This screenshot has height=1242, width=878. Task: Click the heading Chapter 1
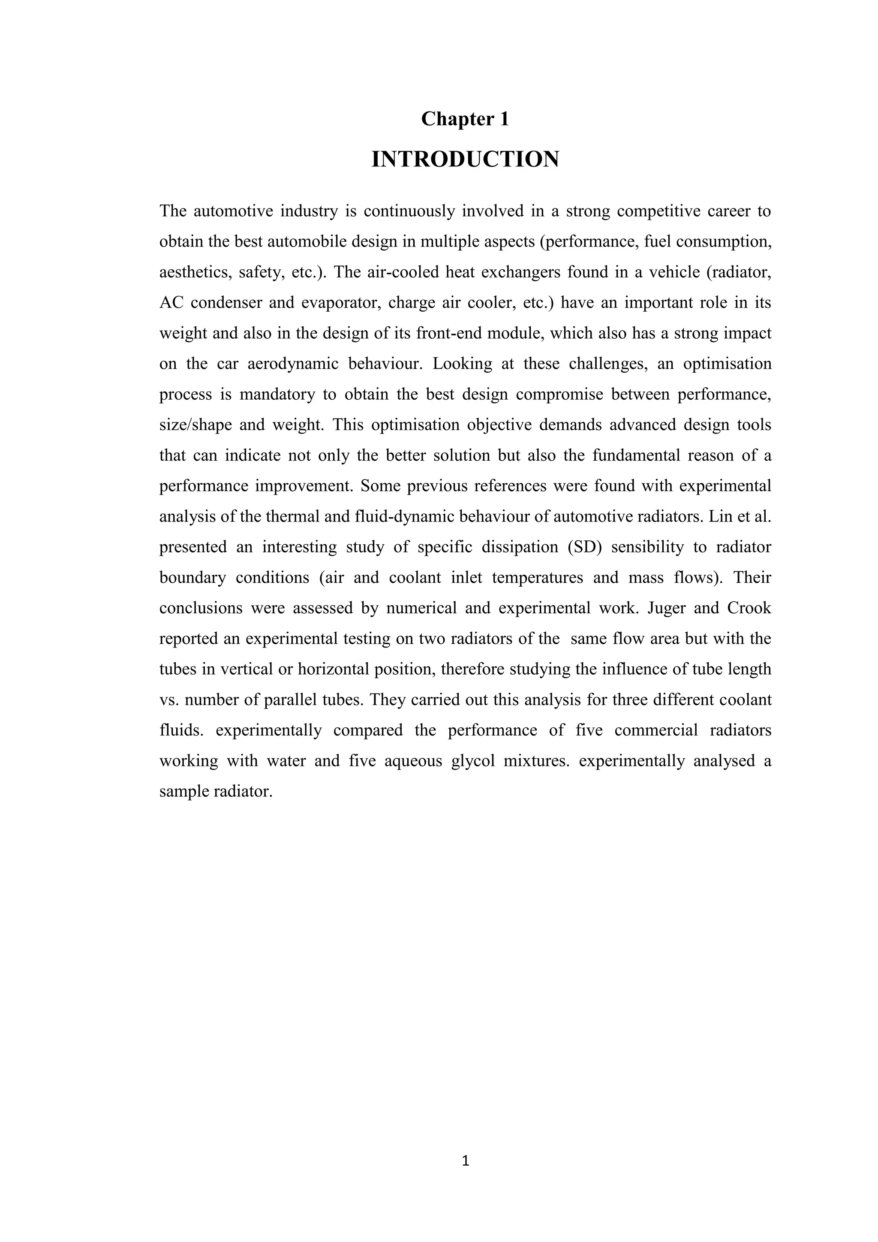[x=465, y=119]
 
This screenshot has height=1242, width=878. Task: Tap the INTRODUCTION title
[x=465, y=160]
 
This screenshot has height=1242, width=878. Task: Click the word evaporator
[x=340, y=302]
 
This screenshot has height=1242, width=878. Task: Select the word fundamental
[x=636, y=455]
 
